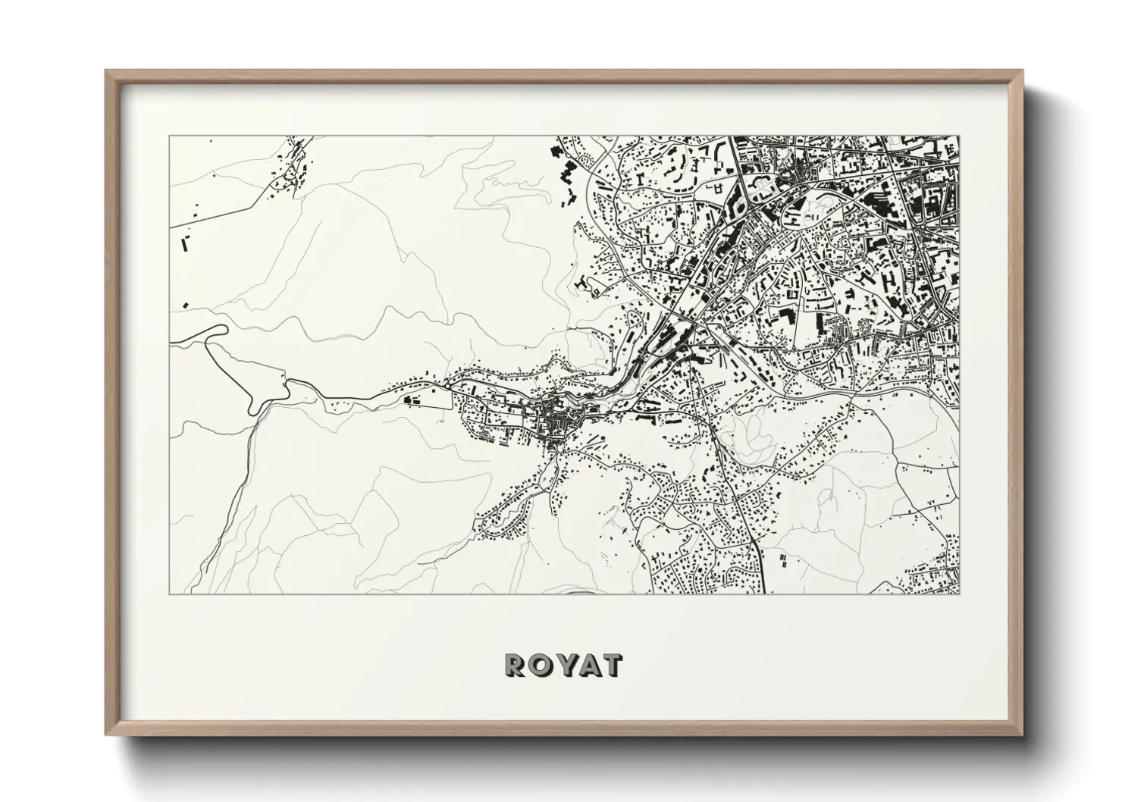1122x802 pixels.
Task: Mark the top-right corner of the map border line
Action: tap(960, 136)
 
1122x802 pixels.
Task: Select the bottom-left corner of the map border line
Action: tap(169, 594)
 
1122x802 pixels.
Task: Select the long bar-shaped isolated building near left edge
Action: tap(184, 244)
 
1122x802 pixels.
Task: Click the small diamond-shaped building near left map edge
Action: tap(184, 305)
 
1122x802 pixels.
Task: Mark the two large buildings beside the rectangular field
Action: tap(414, 399)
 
